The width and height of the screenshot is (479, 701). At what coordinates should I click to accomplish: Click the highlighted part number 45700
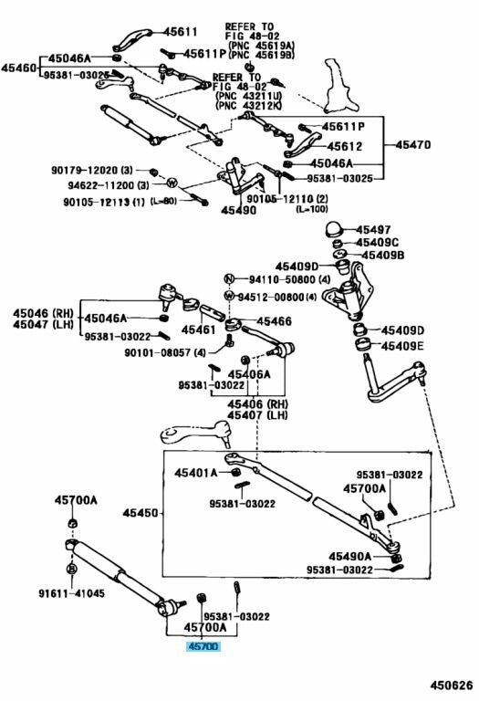coord(203,646)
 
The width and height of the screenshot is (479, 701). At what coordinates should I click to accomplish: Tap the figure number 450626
coord(452,685)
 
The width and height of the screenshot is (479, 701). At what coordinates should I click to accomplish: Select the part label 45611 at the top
coord(180,32)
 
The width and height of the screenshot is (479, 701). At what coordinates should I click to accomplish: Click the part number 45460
coord(18,68)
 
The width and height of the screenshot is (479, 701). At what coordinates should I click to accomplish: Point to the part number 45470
coord(413,144)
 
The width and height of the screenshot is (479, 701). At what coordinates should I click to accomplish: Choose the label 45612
coord(345,146)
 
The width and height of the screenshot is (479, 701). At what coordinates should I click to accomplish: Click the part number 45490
coord(239,210)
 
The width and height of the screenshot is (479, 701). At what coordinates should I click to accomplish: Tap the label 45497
coord(373,230)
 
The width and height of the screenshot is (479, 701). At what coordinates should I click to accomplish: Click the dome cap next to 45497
coord(334,229)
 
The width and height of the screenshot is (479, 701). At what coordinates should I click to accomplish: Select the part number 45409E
coord(402,346)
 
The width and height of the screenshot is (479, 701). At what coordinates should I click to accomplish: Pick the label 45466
coord(274,321)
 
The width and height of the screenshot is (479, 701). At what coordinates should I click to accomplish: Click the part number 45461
coord(198,330)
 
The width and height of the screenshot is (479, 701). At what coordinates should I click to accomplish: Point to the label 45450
coord(141,513)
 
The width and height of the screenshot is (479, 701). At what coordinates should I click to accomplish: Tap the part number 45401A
coord(196,473)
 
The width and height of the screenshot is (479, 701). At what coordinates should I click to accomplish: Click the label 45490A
coord(349,556)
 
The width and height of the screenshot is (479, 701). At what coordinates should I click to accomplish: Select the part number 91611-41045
coord(71,593)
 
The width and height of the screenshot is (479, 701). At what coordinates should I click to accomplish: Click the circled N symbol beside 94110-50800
coord(229,279)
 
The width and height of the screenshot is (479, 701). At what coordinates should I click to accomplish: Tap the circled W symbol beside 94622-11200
coord(172,183)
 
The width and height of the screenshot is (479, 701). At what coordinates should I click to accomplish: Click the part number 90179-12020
coord(86,170)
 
